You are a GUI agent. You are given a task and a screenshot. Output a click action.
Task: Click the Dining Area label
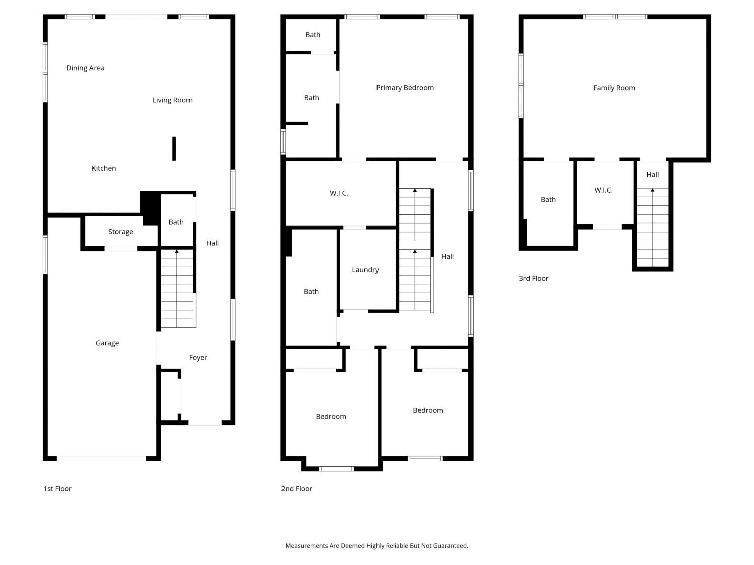(85, 68)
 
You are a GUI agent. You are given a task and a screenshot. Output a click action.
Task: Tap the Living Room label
(172, 100)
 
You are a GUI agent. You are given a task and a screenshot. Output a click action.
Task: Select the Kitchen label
(104, 168)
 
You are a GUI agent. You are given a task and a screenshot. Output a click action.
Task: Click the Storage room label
(121, 232)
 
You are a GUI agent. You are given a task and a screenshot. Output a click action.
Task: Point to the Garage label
(107, 343)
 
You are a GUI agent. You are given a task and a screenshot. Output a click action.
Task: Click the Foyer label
(198, 358)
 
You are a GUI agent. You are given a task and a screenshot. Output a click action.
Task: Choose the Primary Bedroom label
(405, 88)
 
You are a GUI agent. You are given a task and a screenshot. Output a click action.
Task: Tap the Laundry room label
(365, 270)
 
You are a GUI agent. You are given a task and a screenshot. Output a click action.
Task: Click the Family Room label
(614, 88)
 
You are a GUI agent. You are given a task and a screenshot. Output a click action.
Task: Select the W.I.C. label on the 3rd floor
(604, 190)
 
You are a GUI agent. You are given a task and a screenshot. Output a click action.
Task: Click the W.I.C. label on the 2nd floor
(339, 193)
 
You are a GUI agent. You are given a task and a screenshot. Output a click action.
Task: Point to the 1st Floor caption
(57, 489)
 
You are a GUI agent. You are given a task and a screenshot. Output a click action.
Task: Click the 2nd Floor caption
(297, 489)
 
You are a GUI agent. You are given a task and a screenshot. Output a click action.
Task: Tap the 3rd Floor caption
(533, 278)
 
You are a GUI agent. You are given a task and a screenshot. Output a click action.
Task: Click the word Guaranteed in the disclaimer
(451, 546)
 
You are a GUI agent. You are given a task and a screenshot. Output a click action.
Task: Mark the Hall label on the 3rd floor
(652, 175)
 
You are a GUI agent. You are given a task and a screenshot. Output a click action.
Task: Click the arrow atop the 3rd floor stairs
(652, 190)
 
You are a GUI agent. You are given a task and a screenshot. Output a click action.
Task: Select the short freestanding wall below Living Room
(174, 149)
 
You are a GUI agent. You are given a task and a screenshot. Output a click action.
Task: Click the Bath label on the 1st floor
(176, 222)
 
